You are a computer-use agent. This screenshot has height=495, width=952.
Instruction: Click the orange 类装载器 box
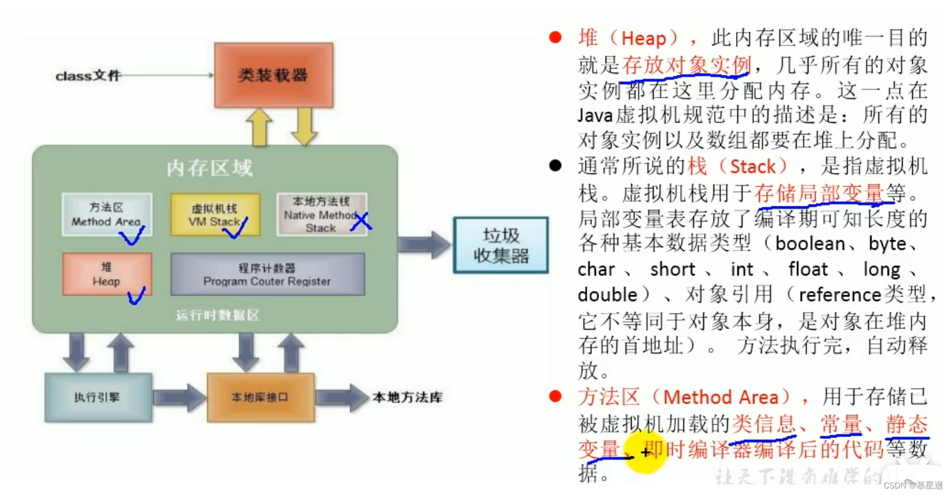pos(273,75)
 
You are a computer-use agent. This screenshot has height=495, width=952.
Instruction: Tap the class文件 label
pos(88,76)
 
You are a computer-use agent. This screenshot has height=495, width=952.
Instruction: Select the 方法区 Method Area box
pos(107,214)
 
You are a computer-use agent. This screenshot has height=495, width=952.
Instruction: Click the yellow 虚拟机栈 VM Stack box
pos(215,214)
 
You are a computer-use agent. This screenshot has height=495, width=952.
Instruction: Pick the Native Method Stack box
pos(321,214)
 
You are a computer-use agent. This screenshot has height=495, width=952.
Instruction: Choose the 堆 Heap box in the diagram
pos(107,274)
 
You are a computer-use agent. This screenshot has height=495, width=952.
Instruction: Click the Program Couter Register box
pos(268,274)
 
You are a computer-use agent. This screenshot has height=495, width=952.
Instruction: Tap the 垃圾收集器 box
pos(501,245)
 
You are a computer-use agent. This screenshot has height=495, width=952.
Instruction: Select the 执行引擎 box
pos(98,397)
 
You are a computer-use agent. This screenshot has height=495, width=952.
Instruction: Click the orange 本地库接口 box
pos(260,397)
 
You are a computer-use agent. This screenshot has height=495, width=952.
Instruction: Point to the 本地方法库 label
pos(407,397)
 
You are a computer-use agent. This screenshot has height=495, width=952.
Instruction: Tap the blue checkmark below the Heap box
pos(136,295)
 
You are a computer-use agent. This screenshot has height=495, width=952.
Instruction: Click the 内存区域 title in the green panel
pos(209,168)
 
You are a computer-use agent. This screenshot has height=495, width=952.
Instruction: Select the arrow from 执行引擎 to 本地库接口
pos(179,397)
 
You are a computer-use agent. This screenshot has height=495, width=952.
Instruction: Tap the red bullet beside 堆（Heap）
pos(555,38)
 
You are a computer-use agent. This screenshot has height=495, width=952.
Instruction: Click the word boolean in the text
pos(810,244)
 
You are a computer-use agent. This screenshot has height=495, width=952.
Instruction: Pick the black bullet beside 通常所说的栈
pos(555,166)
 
